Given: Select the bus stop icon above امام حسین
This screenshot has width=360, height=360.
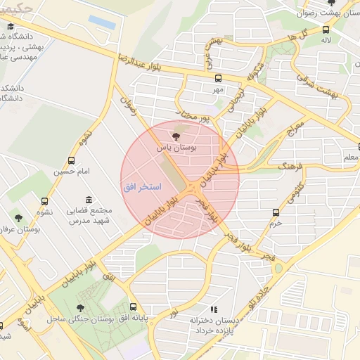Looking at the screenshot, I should coord(71,161).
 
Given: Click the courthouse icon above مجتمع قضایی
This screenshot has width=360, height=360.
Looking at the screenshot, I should coord(88,200).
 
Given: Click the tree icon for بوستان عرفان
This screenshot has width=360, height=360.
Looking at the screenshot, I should coord(18,219).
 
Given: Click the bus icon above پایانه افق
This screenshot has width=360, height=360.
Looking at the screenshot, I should coord(134,307).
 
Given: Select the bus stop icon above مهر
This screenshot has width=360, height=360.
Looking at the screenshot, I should coord(218,79).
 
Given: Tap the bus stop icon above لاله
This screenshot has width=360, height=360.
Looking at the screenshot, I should coord(326,30).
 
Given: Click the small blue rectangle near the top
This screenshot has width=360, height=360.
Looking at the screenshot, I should coord(103,22).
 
